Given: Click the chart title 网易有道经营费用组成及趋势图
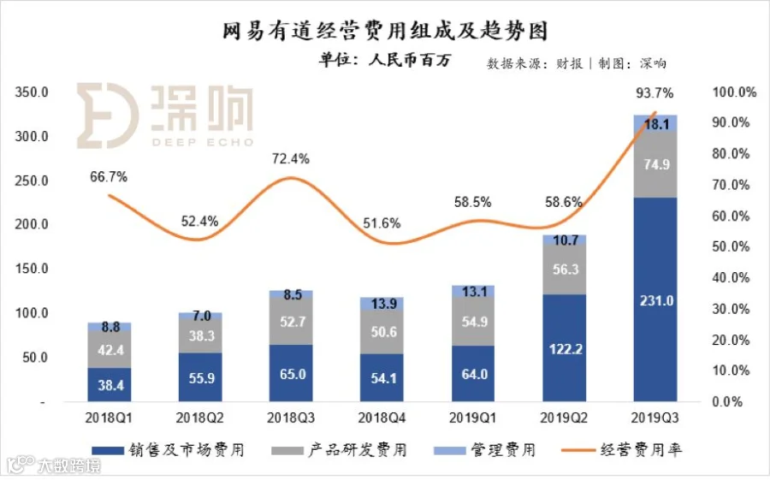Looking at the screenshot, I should point(384,32).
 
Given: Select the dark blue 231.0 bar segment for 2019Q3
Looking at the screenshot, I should point(654,299).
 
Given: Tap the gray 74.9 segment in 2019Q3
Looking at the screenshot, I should point(654,165).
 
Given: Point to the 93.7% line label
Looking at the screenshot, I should point(654,92).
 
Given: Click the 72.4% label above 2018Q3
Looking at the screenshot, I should point(291,159).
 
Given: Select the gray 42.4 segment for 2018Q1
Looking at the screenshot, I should point(110,349).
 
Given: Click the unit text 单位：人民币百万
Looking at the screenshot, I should point(384,60).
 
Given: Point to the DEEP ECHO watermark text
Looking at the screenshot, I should point(203,141).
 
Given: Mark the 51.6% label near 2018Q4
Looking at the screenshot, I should point(382,223).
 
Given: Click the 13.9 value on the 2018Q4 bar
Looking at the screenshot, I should point(382,304).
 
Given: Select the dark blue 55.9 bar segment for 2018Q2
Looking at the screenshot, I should point(200,376).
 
